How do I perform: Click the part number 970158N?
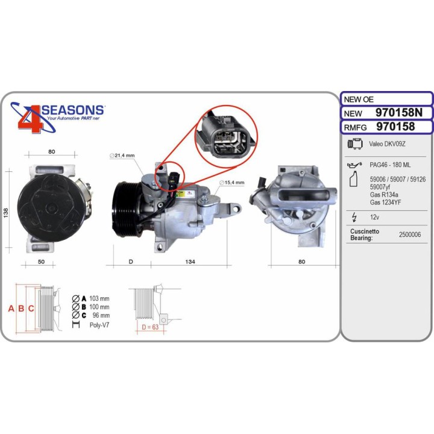pos(399,113)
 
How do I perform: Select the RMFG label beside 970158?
pos(355,128)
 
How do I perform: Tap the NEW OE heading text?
pos(359,99)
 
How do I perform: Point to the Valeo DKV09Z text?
pos(387,144)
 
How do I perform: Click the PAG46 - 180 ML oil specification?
pos(390,165)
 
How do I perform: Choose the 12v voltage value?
pos(374,217)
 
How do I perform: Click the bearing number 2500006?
pos(410,234)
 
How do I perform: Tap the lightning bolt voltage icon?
pos(354,218)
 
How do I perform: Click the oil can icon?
pos(354,165)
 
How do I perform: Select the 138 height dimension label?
pos(5,213)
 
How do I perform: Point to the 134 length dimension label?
pos(190,262)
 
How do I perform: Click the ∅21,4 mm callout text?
pos(122,156)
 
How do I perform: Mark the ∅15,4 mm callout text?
pos(231,183)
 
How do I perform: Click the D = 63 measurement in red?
pos(150,327)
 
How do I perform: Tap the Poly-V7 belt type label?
pos(99,325)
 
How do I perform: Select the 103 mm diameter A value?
pos(99,298)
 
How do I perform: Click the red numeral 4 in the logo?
pos(31,118)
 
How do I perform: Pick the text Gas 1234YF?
pos(385,203)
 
